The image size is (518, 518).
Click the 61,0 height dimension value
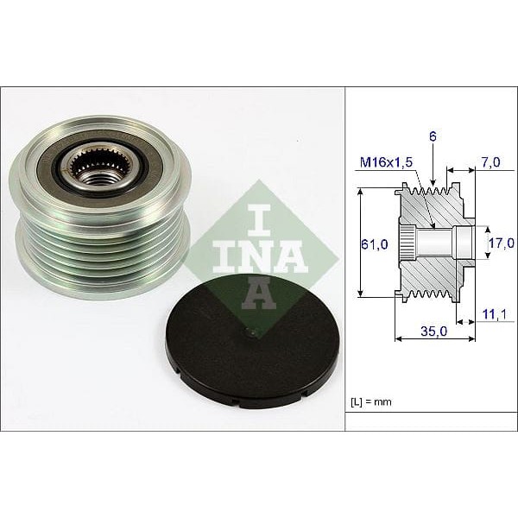pyautogui.click(x=373, y=244)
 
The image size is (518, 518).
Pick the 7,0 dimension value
pyautogui.click(x=490, y=161)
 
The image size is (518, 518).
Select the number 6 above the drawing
pyautogui.click(x=432, y=136)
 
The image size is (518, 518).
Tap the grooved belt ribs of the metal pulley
pyautogui.click(x=104, y=242)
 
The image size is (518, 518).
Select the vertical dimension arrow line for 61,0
pyautogui.click(x=359, y=244)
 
